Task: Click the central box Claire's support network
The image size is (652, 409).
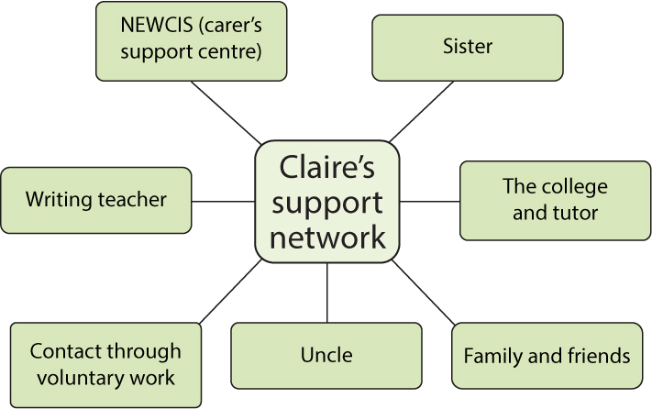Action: [327, 200]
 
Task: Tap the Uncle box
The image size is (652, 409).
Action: [326, 355]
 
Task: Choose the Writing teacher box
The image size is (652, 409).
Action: [96, 199]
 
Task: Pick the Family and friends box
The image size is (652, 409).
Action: [547, 355]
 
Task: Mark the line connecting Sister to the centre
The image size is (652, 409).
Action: [420, 112]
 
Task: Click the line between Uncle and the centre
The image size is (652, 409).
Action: [327, 292]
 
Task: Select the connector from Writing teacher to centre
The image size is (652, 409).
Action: [223, 200]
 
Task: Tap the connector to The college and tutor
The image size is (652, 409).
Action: [430, 200]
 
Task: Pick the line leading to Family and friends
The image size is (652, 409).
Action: [425, 292]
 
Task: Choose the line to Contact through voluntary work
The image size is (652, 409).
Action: [229, 292]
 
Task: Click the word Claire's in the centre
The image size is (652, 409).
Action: [326, 166]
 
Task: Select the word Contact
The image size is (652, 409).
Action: [63, 351]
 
